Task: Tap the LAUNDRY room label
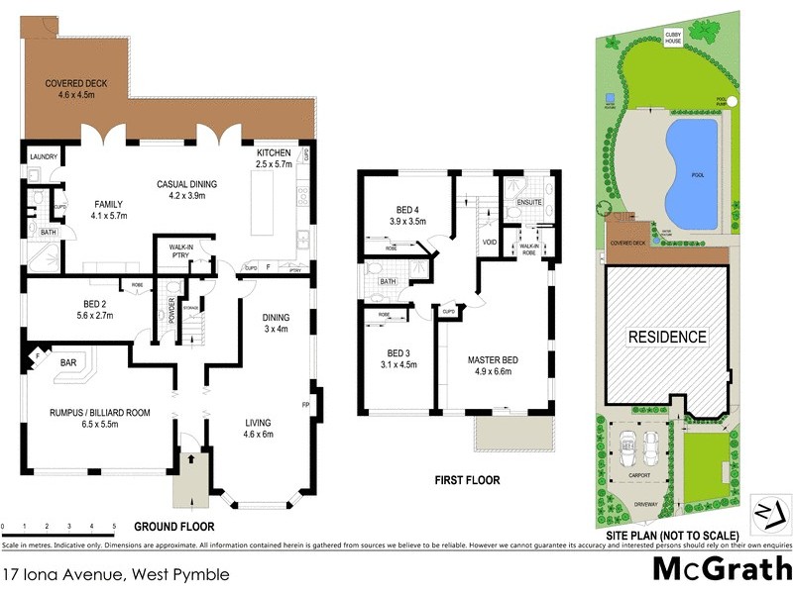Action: click(44, 157)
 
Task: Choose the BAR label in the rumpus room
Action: click(68, 363)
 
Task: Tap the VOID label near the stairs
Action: click(490, 242)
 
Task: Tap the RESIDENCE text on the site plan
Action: click(668, 337)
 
